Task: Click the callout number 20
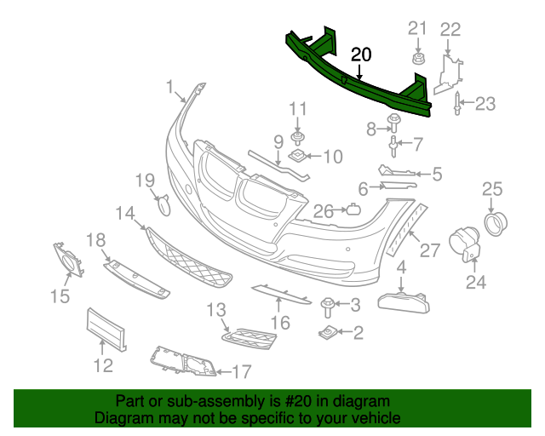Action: coord(361,54)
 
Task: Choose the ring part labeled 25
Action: coord(495,223)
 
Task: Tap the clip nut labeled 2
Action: coord(327,331)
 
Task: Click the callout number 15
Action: coord(59,295)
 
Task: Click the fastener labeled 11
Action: coord(298,135)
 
